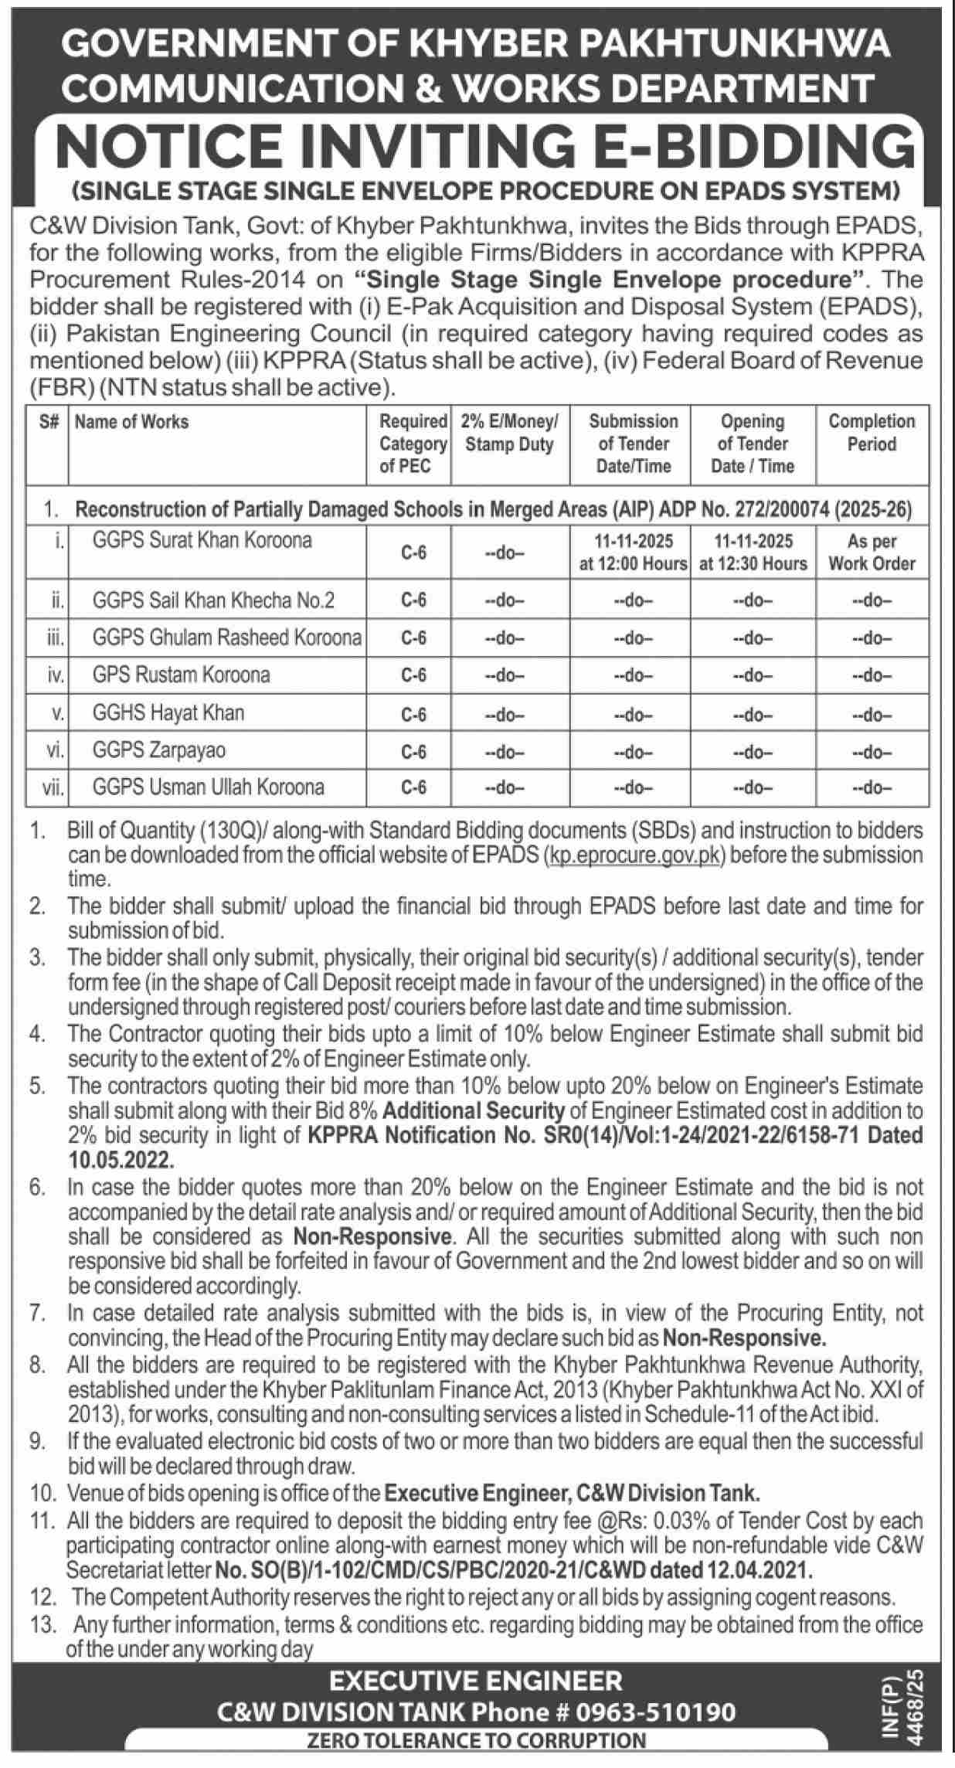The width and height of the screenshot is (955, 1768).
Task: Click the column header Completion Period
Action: tap(872, 433)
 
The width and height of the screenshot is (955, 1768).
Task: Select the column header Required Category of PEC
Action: tap(413, 444)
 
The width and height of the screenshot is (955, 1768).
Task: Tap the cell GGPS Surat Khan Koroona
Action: tap(202, 539)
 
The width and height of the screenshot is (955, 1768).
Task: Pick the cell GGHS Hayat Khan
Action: tap(168, 712)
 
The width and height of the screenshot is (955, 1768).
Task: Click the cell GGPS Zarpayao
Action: tap(158, 750)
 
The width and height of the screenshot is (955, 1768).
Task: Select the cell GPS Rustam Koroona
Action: tap(181, 675)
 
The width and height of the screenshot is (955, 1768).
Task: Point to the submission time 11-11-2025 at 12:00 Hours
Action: tap(633, 552)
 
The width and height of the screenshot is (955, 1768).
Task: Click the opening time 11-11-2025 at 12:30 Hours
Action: tap(753, 552)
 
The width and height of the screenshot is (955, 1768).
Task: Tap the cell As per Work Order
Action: tap(872, 552)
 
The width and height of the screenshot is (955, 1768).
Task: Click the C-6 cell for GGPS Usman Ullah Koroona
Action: tap(413, 787)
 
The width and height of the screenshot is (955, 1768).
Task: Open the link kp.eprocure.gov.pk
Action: tap(634, 855)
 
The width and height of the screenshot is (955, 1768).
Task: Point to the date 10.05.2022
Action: tap(120, 1160)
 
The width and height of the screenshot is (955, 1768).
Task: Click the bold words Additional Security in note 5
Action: tap(474, 1110)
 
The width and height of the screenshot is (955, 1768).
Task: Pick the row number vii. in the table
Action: tap(53, 787)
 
